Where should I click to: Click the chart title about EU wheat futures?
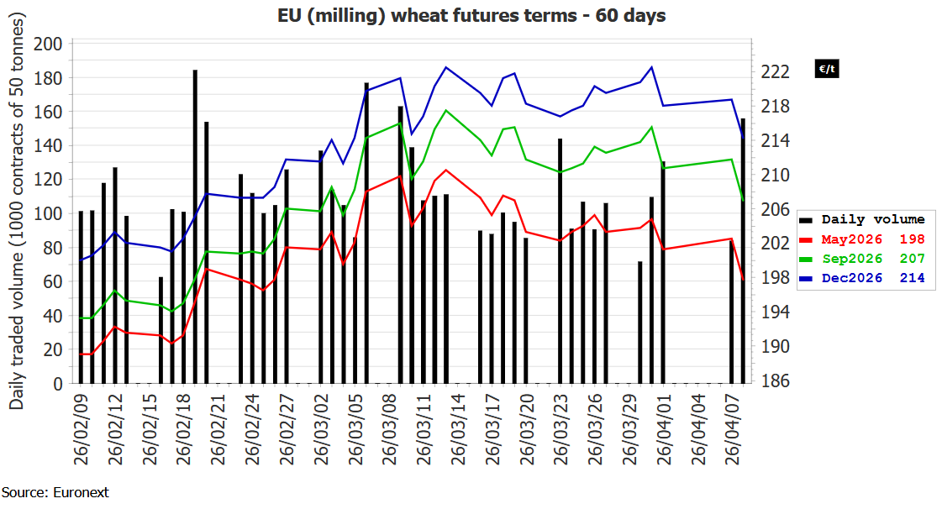[x=471, y=15]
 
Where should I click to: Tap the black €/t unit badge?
[x=827, y=69]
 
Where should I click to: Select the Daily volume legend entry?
[x=862, y=220]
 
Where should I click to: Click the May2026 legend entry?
[x=862, y=239]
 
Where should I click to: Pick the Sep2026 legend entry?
[x=862, y=259]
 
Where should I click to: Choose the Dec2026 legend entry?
[x=862, y=278]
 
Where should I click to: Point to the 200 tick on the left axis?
[x=48, y=44]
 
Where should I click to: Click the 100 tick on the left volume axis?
[x=48, y=213]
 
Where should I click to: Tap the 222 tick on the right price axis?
[x=775, y=72]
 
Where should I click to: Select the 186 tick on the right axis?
[x=775, y=380]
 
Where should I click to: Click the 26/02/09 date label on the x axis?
[x=82, y=429]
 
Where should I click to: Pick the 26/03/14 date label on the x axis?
[x=458, y=429]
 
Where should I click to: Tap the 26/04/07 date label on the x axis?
[x=732, y=429]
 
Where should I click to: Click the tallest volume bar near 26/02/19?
[x=195, y=227]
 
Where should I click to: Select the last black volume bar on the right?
[x=743, y=251]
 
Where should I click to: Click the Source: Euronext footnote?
[x=55, y=493]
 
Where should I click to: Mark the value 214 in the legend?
[x=912, y=278]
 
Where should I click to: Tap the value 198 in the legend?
[x=912, y=239]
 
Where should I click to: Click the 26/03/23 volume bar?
[x=560, y=261]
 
